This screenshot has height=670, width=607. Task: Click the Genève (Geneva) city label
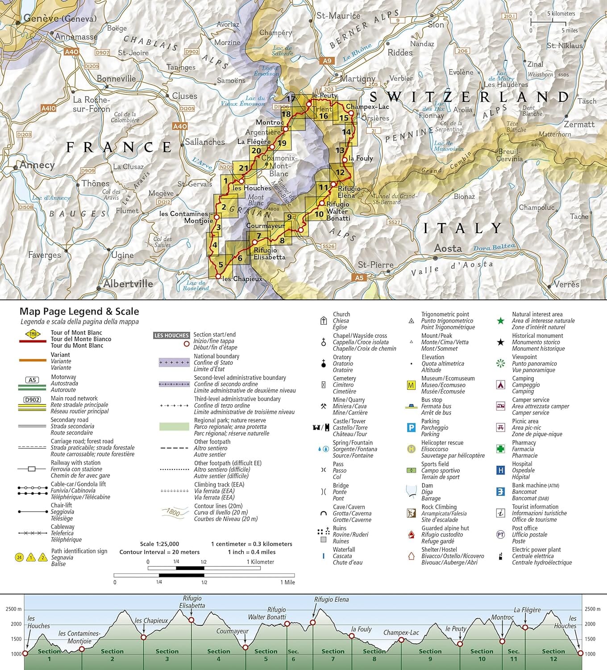click(x=60, y=19)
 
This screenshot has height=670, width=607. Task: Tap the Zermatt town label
click(x=579, y=124)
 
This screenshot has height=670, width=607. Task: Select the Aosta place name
click(x=448, y=248)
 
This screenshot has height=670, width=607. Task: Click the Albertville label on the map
click(x=128, y=284)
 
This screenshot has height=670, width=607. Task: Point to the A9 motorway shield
click(x=327, y=61)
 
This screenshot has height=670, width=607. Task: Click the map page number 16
click(x=324, y=116)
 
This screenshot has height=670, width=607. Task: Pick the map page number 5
click(x=220, y=265)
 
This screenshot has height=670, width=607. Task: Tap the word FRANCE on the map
click(x=119, y=147)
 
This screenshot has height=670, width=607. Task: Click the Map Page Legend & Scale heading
click(x=79, y=311)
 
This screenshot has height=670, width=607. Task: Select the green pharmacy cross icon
click(x=501, y=448)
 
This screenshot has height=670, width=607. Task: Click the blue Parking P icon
click(x=411, y=427)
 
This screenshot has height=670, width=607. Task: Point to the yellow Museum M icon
click(x=411, y=385)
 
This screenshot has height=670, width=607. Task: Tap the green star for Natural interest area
click(x=501, y=320)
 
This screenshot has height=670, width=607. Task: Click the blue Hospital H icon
click(x=501, y=470)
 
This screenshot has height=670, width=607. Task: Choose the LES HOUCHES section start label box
click(x=171, y=335)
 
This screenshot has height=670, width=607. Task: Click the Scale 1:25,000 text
click(x=159, y=544)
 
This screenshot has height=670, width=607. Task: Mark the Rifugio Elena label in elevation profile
click(x=331, y=599)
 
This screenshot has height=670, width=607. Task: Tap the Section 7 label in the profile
click(x=333, y=655)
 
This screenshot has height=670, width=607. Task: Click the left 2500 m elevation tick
click(x=13, y=609)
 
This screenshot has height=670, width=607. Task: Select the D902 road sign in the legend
click(x=32, y=400)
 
